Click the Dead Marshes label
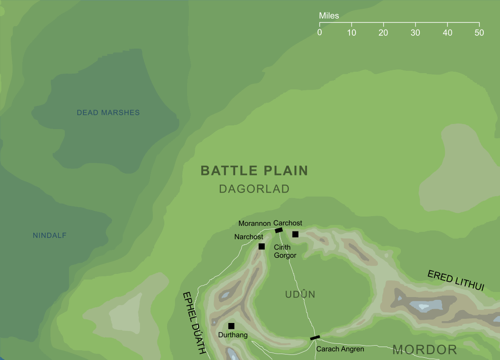[108, 112]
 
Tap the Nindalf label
[50, 236]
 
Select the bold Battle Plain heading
[254, 171]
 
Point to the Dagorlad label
[254, 189]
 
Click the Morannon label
[254, 223]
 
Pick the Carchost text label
[288, 223]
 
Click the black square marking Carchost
[295, 234]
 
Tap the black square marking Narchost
[262, 246]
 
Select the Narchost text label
[249, 237]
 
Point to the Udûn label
[300, 295]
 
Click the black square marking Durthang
[231, 326]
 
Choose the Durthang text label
[233, 335]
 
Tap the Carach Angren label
[340, 349]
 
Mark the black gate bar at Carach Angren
[315, 338]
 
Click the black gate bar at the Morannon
[279, 230]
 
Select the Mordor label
[425, 349]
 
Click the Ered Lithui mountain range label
[456, 281]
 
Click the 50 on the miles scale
[479, 33]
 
